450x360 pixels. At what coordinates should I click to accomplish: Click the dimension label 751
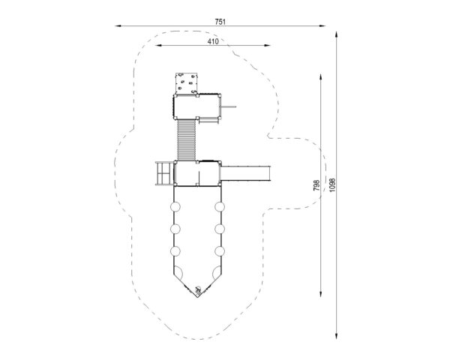[220, 22]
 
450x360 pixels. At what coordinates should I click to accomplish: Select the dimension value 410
[213, 41]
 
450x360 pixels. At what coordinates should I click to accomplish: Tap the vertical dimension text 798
[316, 185]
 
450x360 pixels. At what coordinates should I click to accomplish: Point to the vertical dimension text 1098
[332, 185]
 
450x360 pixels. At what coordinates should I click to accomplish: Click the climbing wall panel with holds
[187, 83]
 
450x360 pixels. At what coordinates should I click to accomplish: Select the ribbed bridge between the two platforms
[187, 140]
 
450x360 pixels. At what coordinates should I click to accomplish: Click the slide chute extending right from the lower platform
[245, 173]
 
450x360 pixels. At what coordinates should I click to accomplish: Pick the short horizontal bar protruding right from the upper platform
[228, 106]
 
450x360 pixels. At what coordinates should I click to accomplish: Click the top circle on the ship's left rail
[175, 207]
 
